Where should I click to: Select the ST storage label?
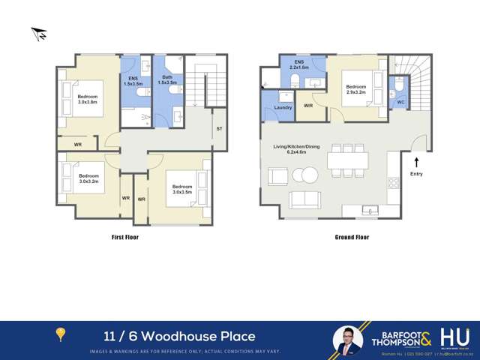219,128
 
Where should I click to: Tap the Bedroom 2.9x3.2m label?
355,89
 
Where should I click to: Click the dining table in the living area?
347,160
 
